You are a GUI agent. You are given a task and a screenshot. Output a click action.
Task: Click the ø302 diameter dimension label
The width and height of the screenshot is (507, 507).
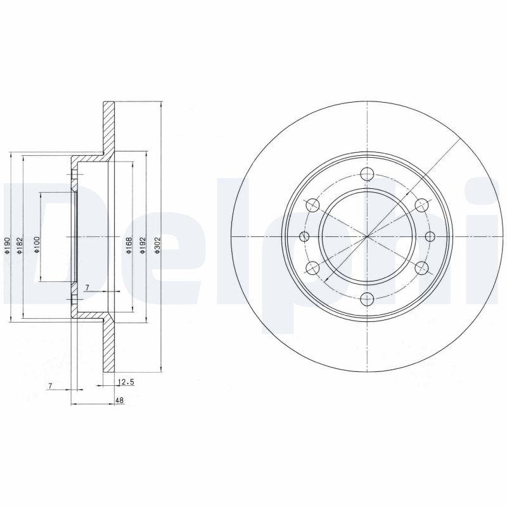click(157, 245)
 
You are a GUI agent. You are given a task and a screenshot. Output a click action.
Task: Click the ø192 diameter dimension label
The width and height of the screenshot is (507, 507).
click(143, 245)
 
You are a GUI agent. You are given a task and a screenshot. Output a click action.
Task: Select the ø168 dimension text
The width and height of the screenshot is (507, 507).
click(129, 245)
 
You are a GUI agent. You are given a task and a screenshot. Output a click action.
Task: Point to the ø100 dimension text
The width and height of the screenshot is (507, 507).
click(37, 245)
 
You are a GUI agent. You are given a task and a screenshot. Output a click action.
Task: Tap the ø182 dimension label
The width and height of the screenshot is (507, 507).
click(20, 245)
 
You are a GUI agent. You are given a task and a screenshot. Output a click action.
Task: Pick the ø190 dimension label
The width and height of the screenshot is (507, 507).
click(7, 245)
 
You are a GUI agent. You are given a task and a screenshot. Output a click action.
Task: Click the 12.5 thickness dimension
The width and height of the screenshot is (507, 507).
click(125, 382)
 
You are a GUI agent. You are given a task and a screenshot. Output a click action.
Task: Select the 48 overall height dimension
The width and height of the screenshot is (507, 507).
click(119, 401)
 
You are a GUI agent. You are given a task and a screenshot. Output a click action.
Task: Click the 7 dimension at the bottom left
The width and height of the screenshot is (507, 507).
click(50, 386)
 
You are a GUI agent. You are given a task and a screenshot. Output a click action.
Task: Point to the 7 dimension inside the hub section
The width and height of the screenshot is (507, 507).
click(87, 287)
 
